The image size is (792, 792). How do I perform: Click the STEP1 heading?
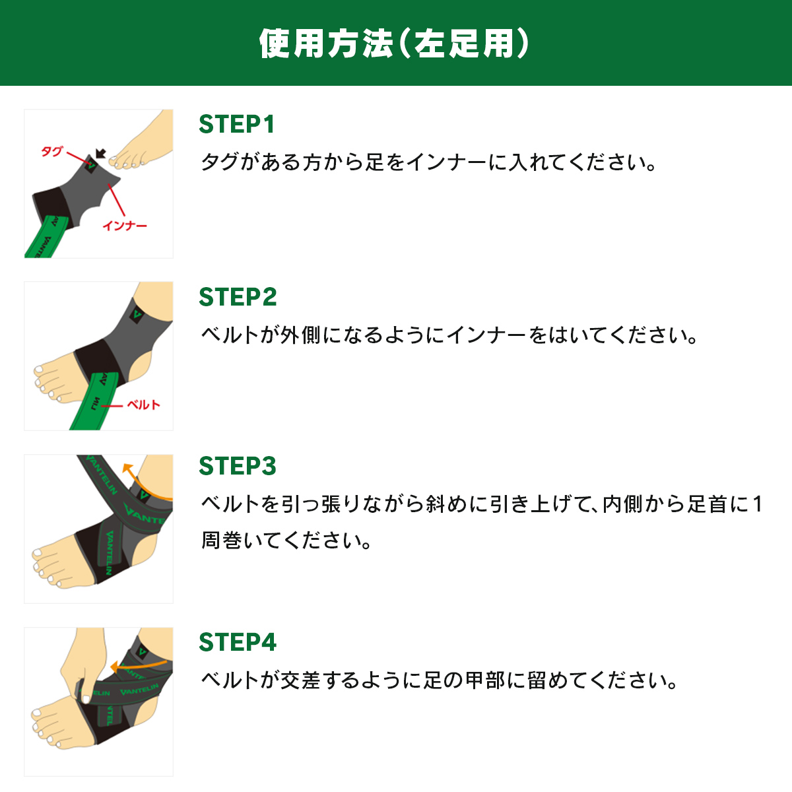pos(237,124)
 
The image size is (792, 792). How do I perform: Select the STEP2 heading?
pos(238,297)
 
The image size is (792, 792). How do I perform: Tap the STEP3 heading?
pos(238,466)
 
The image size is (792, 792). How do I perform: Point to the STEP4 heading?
pos(238,642)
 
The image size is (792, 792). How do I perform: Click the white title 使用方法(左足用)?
pos(394,44)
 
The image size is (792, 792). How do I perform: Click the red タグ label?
pos(51,151)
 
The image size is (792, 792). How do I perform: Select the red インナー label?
pos(125,226)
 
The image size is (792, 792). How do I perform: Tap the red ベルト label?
pos(143,405)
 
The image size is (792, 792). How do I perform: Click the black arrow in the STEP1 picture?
pos(101,154)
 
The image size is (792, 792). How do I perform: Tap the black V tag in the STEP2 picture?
pos(137,315)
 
